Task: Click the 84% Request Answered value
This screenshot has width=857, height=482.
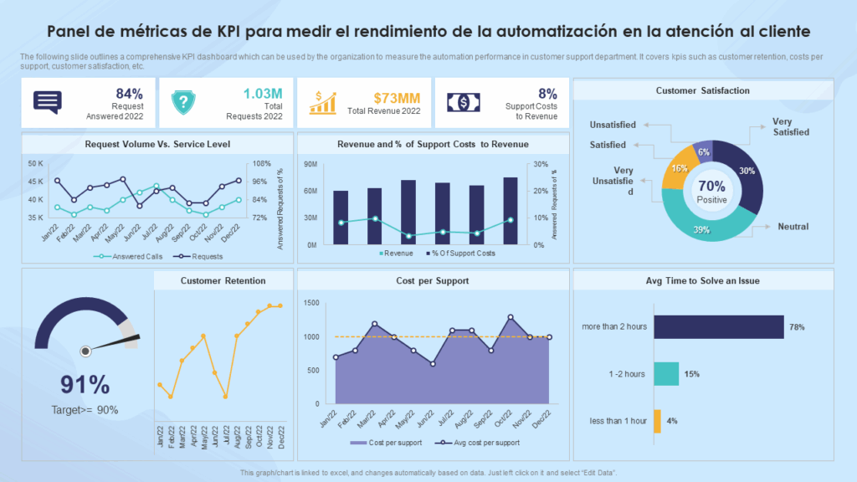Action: click(130, 94)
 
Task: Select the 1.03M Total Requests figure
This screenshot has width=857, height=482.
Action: click(263, 94)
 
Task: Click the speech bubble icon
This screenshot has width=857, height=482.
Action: click(48, 102)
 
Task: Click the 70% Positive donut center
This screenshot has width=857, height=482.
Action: click(712, 190)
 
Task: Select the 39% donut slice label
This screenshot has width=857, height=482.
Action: click(702, 230)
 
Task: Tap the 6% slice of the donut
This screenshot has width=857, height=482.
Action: click(704, 151)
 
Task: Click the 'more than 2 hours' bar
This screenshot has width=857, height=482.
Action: click(718, 326)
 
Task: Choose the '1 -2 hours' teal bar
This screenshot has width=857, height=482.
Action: click(666, 374)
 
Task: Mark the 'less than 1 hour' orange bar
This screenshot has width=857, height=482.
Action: click(657, 421)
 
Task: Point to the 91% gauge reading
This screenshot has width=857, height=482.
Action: click(85, 384)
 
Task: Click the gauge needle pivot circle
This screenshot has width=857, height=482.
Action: click(85, 351)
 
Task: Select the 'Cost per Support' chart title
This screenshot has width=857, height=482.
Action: click(433, 280)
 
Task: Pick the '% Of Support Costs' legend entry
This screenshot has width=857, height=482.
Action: click(460, 253)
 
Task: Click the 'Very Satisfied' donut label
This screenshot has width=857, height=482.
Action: click(791, 126)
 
